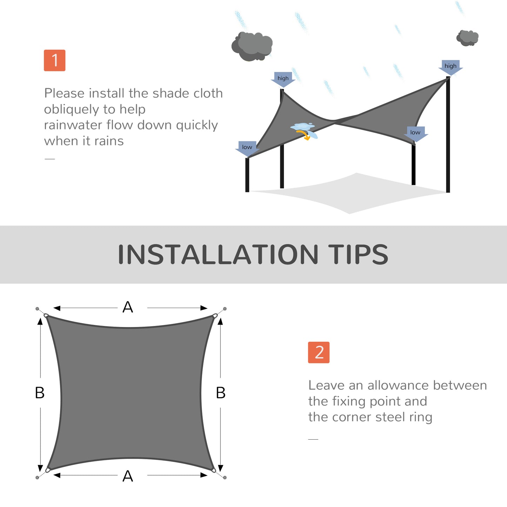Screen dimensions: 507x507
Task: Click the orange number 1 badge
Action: (x=54, y=60)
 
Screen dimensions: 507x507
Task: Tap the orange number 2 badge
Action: (x=319, y=352)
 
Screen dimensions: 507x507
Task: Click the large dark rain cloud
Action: (x=252, y=46)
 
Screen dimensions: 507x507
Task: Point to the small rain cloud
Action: (x=467, y=38)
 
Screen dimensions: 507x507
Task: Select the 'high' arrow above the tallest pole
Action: (x=451, y=67)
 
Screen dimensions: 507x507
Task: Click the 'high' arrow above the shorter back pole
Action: (x=283, y=79)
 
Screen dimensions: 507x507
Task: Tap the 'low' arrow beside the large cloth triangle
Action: (x=415, y=134)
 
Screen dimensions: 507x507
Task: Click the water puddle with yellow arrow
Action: (x=304, y=130)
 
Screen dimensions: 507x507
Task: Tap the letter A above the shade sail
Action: (x=128, y=307)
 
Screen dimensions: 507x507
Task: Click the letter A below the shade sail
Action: (x=128, y=476)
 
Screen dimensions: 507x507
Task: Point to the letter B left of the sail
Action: (x=40, y=393)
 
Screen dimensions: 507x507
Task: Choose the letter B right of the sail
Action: (x=221, y=393)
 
